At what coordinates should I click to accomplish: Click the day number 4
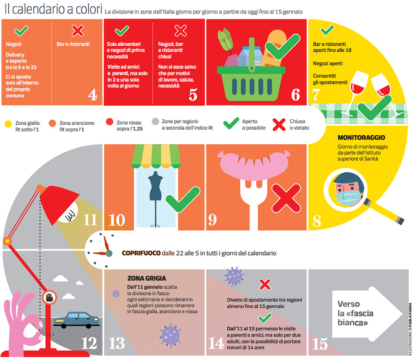click(92, 95)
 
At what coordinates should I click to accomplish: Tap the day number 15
click(320, 344)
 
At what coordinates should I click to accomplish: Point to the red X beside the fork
click(284, 200)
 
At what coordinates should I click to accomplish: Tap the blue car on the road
click(77, 319)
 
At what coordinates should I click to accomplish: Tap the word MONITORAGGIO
click(361, 138)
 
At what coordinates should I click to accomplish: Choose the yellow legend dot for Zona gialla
click(8, 124)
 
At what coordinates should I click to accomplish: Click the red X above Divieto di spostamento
click(264, 284)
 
